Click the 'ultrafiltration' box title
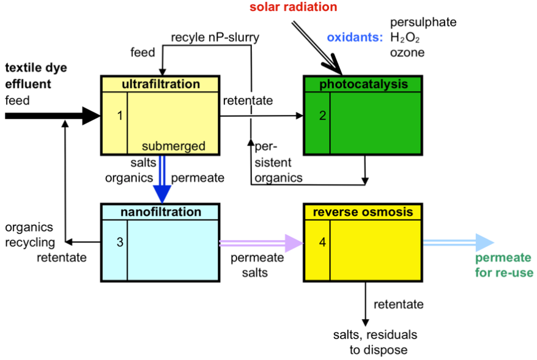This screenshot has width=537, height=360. click(161, 84)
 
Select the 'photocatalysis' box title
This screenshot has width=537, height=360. click(363, 84)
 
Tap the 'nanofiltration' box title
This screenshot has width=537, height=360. click(161, 212)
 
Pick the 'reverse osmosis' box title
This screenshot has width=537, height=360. click(363, 212)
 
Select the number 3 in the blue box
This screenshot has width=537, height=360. click(120, 243)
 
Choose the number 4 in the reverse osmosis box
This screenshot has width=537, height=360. click(322, 243)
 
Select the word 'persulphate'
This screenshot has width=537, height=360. click(423, 23)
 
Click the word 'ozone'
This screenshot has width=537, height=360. click(407, 53)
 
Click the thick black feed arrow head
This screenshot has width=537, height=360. click(91, 115)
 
